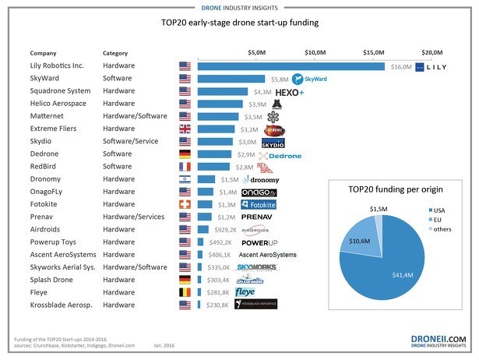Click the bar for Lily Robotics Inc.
(291, 66)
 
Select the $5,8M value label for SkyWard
(278, 79)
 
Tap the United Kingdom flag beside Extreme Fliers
(185, 129)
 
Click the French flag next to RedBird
(185, 167)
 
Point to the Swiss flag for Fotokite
(185, 204)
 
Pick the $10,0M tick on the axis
(315, 51)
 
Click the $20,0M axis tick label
(432, 51)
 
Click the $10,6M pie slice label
(359, 241)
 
